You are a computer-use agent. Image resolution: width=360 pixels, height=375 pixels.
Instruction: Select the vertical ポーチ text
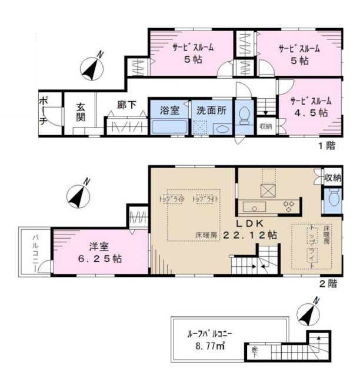[x=44, y=111]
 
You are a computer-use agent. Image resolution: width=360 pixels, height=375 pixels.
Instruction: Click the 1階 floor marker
[x=325, y=143]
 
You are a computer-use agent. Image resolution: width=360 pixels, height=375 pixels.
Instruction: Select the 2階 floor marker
[x=328, y=283]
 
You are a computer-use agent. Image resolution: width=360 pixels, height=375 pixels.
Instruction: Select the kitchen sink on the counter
[x=252, y=206]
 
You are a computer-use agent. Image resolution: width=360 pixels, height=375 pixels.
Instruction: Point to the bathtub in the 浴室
[x=169, y=127]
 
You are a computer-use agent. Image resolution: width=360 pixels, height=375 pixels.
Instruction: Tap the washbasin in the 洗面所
[x=222, y=128]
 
